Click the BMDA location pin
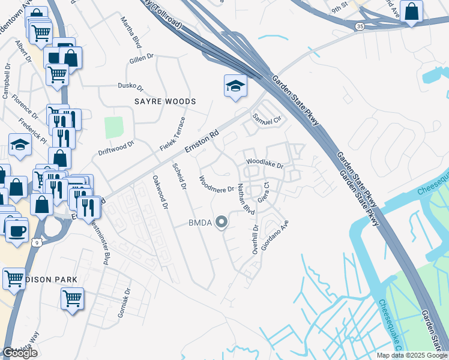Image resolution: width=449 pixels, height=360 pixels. (222, 223)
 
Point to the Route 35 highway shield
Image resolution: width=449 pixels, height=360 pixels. (359, 26)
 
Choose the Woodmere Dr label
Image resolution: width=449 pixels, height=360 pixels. (216, 185)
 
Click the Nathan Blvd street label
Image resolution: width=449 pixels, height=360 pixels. (247, 199)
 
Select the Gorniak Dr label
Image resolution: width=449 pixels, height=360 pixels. (127, 308)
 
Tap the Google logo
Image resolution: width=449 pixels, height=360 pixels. (20, 353)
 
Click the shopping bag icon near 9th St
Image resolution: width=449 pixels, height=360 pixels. (412, 11)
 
